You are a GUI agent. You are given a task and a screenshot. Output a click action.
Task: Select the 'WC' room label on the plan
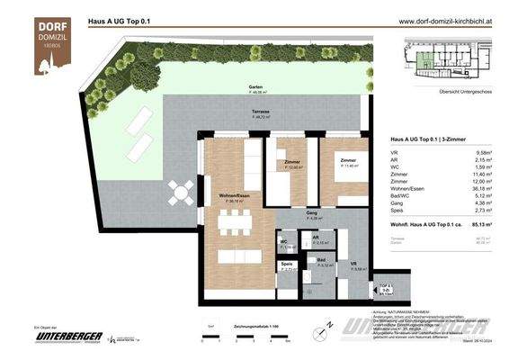point(283,242)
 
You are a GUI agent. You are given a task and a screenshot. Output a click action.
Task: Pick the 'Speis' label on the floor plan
point(287,265)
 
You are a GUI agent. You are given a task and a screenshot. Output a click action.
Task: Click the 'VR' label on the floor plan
point(353,265)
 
